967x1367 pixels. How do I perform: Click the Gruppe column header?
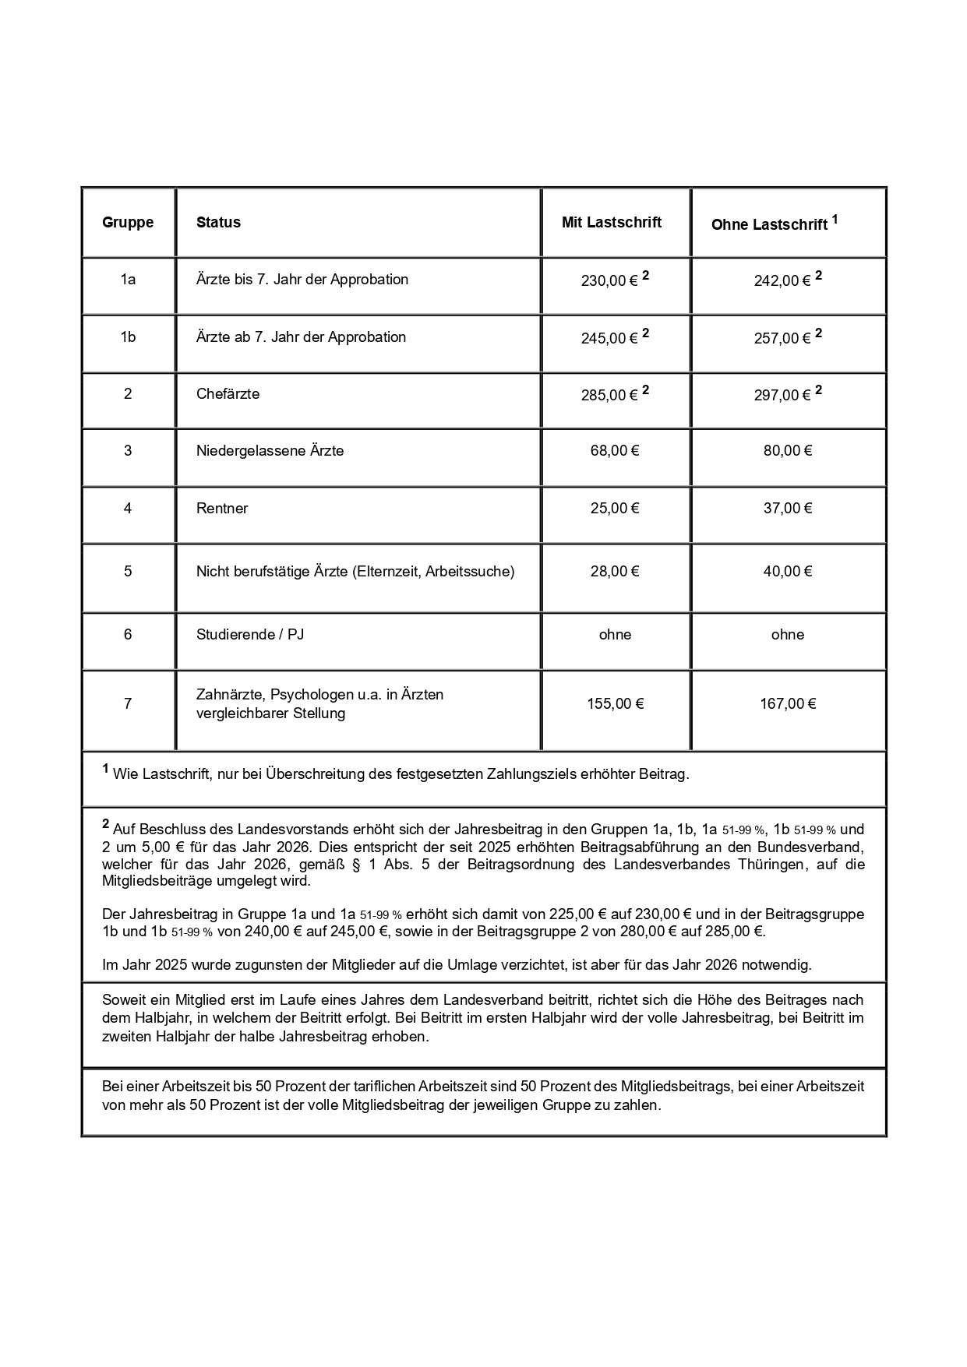128,223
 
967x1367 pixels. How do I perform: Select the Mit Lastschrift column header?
612,223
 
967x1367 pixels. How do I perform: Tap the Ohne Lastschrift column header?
769,225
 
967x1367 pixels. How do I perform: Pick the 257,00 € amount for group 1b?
782,338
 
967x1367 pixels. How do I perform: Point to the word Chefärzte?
228,394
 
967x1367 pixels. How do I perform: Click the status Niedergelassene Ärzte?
270,451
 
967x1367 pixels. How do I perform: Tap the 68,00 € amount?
615,451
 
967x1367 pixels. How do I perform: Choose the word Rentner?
222,509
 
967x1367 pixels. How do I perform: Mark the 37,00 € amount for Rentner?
788,509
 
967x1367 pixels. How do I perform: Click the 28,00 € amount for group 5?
615,572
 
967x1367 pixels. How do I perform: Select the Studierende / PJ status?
250,635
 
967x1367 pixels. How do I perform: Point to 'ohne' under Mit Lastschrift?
615,635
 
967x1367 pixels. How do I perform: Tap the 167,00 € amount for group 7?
788,704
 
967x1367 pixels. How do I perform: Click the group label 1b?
128,337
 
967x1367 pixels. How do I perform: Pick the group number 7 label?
128,704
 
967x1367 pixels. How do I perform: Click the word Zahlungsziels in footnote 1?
533,775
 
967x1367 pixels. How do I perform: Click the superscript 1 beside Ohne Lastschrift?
835,220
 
